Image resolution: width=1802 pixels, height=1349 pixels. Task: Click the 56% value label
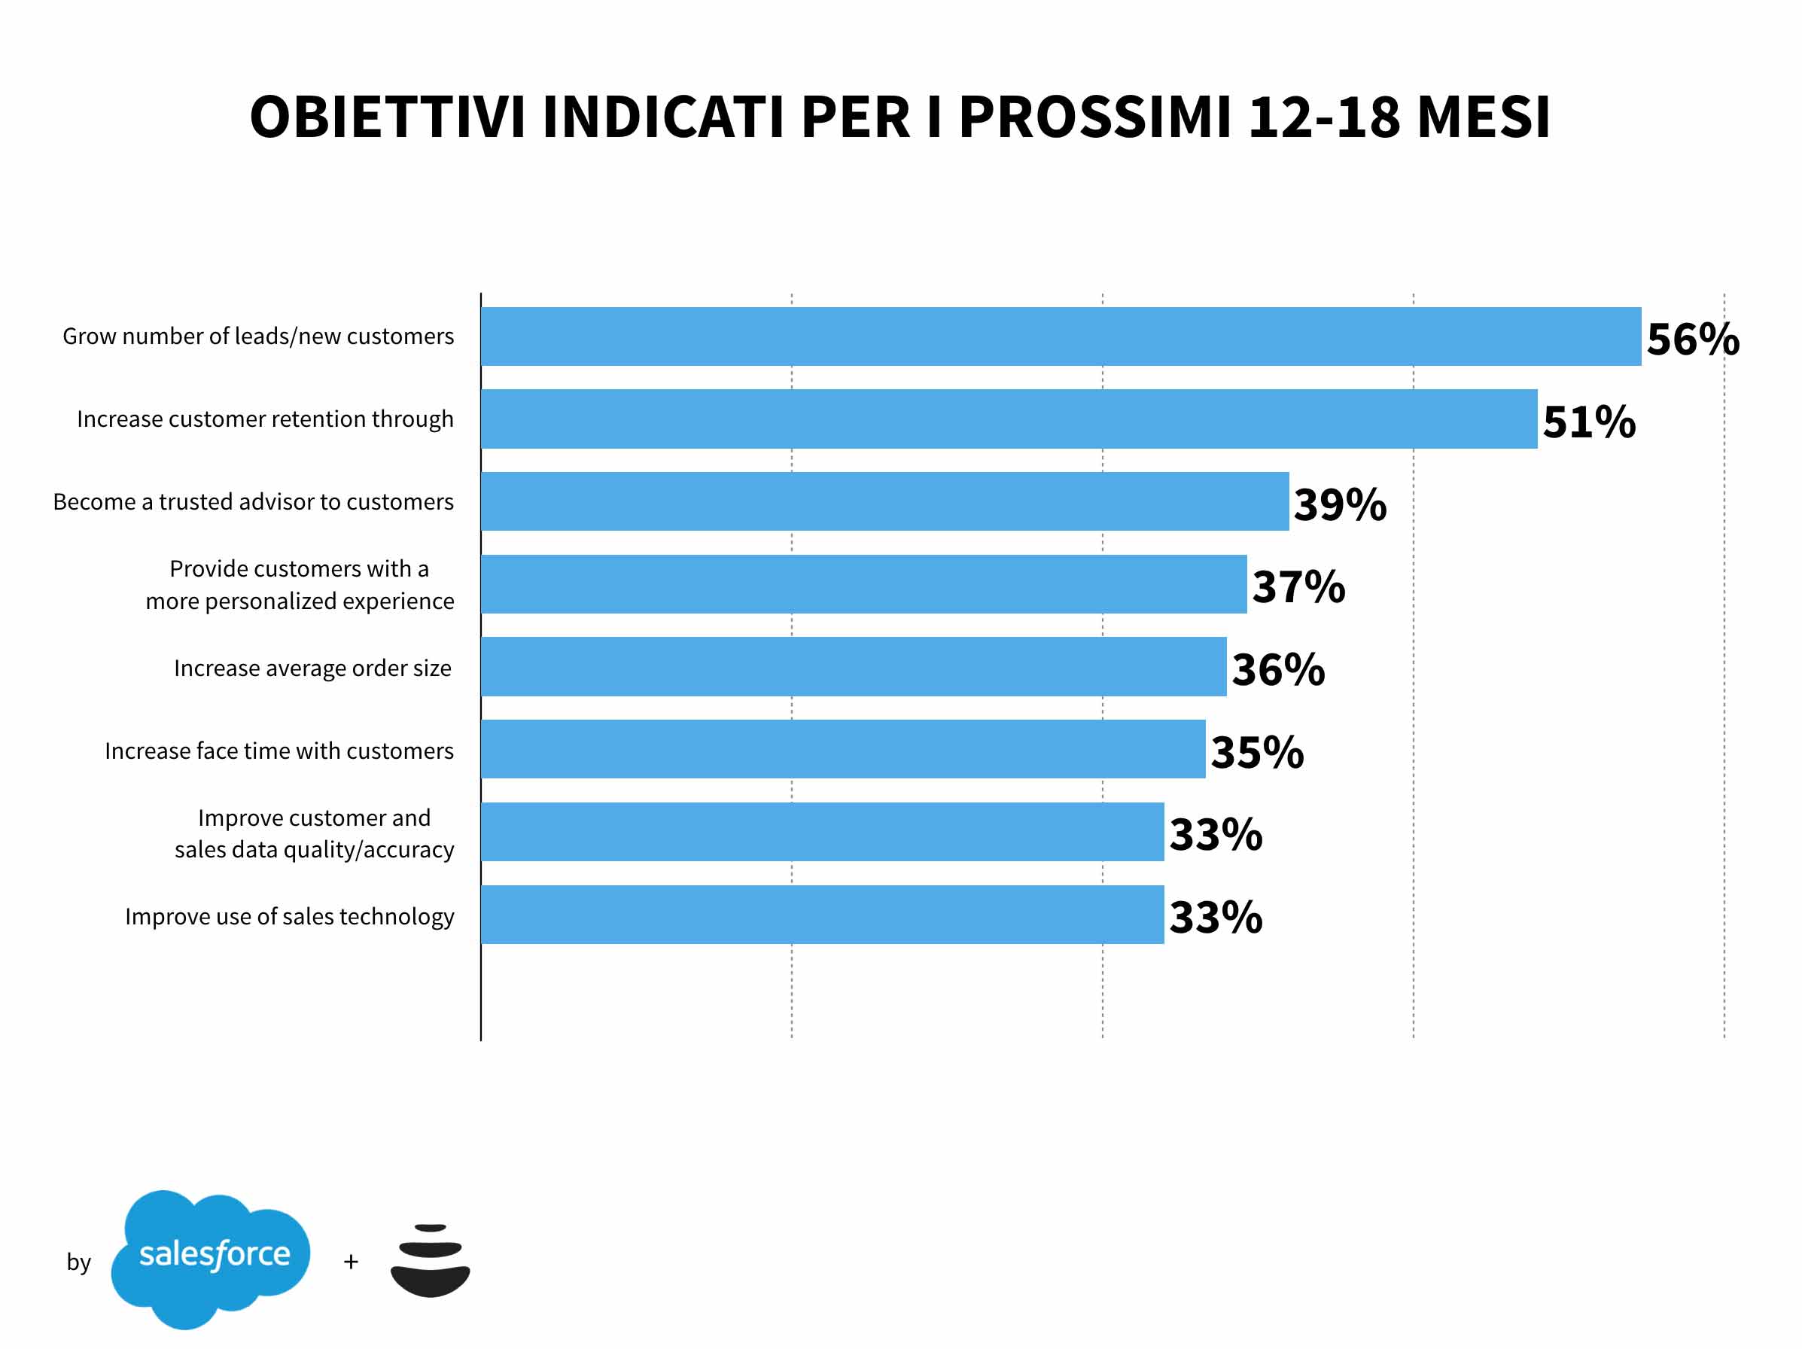pos(1692,339)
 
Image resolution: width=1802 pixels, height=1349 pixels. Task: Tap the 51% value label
pos(1588,422)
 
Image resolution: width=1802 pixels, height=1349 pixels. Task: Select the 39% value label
pos(1340,504)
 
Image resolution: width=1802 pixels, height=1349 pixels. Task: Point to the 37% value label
pos(1298,586)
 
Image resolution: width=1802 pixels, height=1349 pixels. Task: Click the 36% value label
pos(1278,670)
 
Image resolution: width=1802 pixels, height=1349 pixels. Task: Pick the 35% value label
pos(1257,752)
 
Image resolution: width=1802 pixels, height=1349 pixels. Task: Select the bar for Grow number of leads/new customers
pos(1061,336)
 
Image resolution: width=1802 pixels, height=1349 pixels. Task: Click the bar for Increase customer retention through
pos(1009,419)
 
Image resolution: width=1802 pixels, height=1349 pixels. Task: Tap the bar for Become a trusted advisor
pos(884,501)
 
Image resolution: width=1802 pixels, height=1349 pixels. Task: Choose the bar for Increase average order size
pos(854,666)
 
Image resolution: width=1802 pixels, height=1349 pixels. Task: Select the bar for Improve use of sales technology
pos(822,915)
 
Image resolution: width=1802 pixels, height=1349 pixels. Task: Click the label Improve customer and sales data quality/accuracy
pos(315,833)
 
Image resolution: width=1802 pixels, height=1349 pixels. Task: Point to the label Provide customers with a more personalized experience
pos(300,585)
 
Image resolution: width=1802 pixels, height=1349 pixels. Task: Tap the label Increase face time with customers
pos(279,751)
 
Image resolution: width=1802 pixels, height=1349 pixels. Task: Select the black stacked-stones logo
pos(430,1260)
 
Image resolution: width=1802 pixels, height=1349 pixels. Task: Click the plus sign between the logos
pos(351,1262)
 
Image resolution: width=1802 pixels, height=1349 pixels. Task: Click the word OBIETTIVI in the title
pos(387,117)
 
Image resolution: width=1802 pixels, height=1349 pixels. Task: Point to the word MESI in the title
pos(1484,117)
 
